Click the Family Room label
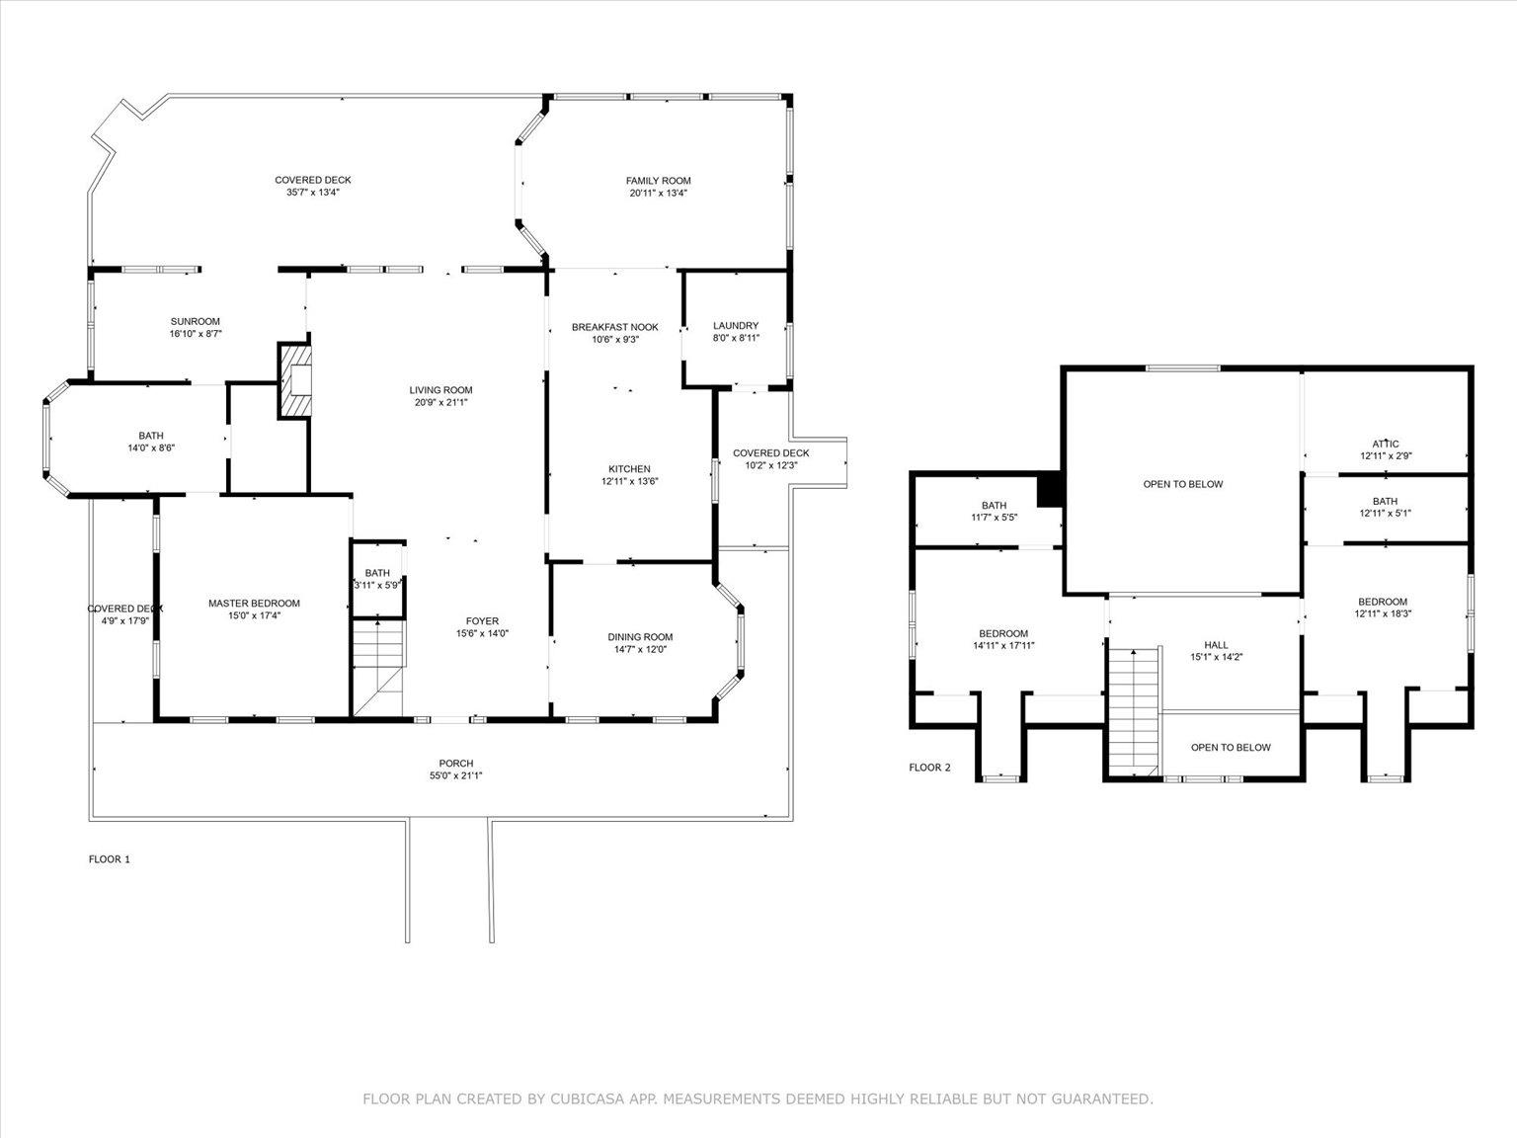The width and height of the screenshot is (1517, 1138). point(658,181)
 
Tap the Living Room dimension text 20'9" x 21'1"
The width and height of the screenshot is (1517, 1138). point(440,402)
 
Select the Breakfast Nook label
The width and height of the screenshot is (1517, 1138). point(615,328)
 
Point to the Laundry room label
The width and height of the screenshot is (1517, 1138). point(736,325)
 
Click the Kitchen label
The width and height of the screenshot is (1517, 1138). point(629,469)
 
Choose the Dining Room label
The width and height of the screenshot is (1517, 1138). point(640,637)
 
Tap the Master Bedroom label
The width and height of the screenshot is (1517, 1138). point(255,604)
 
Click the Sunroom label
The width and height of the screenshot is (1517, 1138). point(196,321)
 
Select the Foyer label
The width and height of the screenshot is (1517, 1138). point(482,621)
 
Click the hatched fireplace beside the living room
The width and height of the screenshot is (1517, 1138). point(294,380)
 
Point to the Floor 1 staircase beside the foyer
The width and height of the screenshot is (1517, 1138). point(378,667)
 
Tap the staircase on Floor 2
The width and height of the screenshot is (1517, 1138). point(1134,711)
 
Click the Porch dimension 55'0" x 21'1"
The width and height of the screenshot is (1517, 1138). point(456,775)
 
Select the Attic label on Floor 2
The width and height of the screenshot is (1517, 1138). point(1386,445)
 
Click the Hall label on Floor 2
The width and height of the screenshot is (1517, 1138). point(1217,645)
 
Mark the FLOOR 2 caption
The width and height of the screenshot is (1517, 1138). point(929,768)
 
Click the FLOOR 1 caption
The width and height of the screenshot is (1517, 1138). point(110,859)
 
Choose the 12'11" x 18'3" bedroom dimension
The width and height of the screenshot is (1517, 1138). point(1383,612)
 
